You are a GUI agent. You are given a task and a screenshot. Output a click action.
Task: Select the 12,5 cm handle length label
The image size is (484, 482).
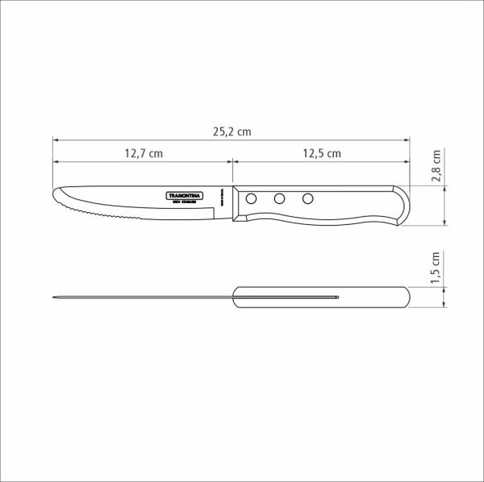click(321, 152)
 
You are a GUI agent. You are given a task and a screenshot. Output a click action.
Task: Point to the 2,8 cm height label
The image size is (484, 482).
click(436, 166)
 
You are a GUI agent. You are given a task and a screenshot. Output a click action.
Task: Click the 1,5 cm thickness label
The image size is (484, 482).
click(436, 266)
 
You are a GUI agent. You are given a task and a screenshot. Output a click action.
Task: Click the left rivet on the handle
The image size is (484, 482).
click(252, 198)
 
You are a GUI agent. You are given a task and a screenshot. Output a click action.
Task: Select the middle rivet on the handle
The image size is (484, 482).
click(279, 198)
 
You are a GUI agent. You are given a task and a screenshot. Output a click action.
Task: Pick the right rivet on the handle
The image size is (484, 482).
click(307, 198)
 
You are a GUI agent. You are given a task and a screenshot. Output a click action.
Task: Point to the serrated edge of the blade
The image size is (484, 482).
click(105, 216)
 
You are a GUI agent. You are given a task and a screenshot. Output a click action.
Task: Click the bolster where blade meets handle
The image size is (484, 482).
click(233, 203)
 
